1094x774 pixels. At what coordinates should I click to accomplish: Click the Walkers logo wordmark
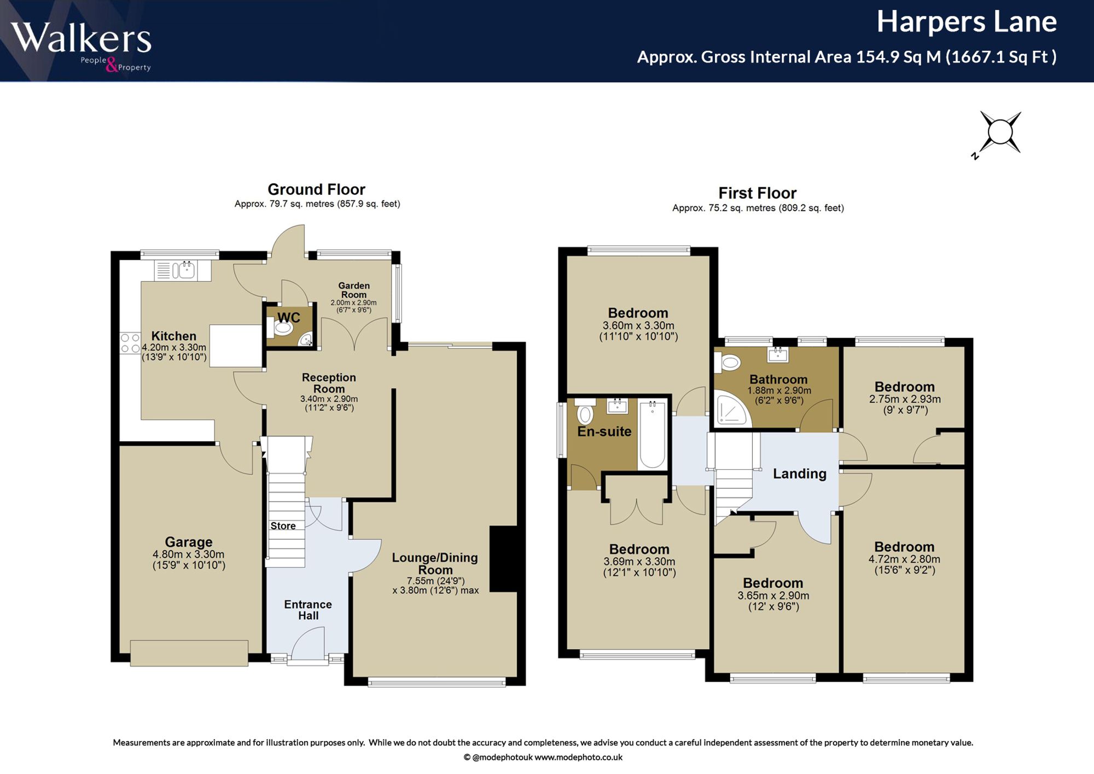click(x=81, y=38)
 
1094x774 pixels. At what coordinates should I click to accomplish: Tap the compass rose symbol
click(x=999, y=133)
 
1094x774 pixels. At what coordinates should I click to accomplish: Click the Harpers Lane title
click(x=967, y=22)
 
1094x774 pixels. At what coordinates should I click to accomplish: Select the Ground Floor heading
click(x=316, y=189)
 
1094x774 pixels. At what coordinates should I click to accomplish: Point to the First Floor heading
click(x=757, y=193)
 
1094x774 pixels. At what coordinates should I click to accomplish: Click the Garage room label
click(x=189, y=542)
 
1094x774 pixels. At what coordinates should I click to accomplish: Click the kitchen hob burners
click(x=130, y=343)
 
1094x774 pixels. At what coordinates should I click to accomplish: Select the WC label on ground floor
click(x=288, y=317)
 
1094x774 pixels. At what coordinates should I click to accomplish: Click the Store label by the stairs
click(x=283, y=526)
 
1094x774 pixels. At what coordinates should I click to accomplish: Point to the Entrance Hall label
click(x=308, y=610)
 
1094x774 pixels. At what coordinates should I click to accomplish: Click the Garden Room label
click(x=354, y=290)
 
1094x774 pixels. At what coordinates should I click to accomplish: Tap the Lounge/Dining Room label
click(x=435, y=563)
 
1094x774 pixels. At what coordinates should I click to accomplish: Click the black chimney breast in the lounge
click(x=503, y=559)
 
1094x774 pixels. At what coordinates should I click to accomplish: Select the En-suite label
click(x=604, y=431)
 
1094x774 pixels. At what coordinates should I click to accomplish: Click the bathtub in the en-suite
click(x=652, y=435)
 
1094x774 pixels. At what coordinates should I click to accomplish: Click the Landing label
click(x=799, y=473)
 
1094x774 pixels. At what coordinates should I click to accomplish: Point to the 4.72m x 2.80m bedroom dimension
click(x=904, y=559)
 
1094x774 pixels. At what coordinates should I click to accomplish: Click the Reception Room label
click(x=329, y=383)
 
